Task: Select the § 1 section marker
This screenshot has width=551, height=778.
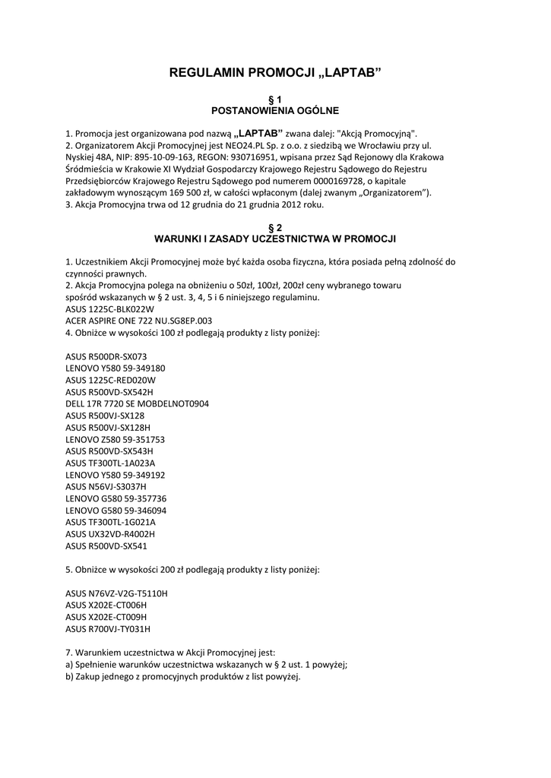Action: [x=275, y=99]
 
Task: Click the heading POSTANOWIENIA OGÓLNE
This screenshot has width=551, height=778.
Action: [x=275, y=110]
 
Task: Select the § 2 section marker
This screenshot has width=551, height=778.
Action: [x=275, y=227]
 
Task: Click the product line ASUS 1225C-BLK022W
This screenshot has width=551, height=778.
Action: [x=109, y=309]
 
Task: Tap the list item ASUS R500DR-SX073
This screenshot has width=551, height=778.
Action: [x=106, y=356]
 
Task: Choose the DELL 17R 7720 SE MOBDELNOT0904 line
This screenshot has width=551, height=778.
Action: [x=137, y=403]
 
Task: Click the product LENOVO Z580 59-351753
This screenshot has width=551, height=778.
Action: [x=116, y=439]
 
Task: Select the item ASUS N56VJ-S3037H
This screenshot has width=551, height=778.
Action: [x=106, y=486]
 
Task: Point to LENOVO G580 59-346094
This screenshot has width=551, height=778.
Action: [x=116, y=510]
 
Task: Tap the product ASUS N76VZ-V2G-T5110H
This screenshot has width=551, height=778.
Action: [x=116, y=593]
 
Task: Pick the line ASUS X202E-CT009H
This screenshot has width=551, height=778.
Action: [x=106, y=616]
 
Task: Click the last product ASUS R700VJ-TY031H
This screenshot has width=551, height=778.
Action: [x=108, y=628]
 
